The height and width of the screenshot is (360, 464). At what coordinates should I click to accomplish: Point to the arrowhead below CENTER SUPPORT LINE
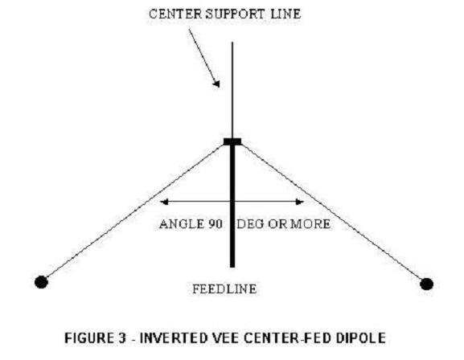click(216, 84)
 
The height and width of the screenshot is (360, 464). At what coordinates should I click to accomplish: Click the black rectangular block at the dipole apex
click(232, 141)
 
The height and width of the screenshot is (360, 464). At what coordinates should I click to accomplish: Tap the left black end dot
click(41, 282)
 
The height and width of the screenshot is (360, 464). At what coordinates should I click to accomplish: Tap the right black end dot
click(426, 284)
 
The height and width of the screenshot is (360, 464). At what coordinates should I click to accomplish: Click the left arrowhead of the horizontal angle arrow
click(164, 202)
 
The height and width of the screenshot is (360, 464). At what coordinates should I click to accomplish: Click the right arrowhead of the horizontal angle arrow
click(299, 202)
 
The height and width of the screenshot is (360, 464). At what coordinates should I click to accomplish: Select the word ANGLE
click(182, 224)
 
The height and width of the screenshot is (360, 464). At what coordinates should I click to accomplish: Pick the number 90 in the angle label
click(216, 224)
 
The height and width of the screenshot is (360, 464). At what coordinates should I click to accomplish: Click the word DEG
click(250, 224)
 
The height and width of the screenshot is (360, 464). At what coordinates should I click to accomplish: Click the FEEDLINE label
click(224, 288)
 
